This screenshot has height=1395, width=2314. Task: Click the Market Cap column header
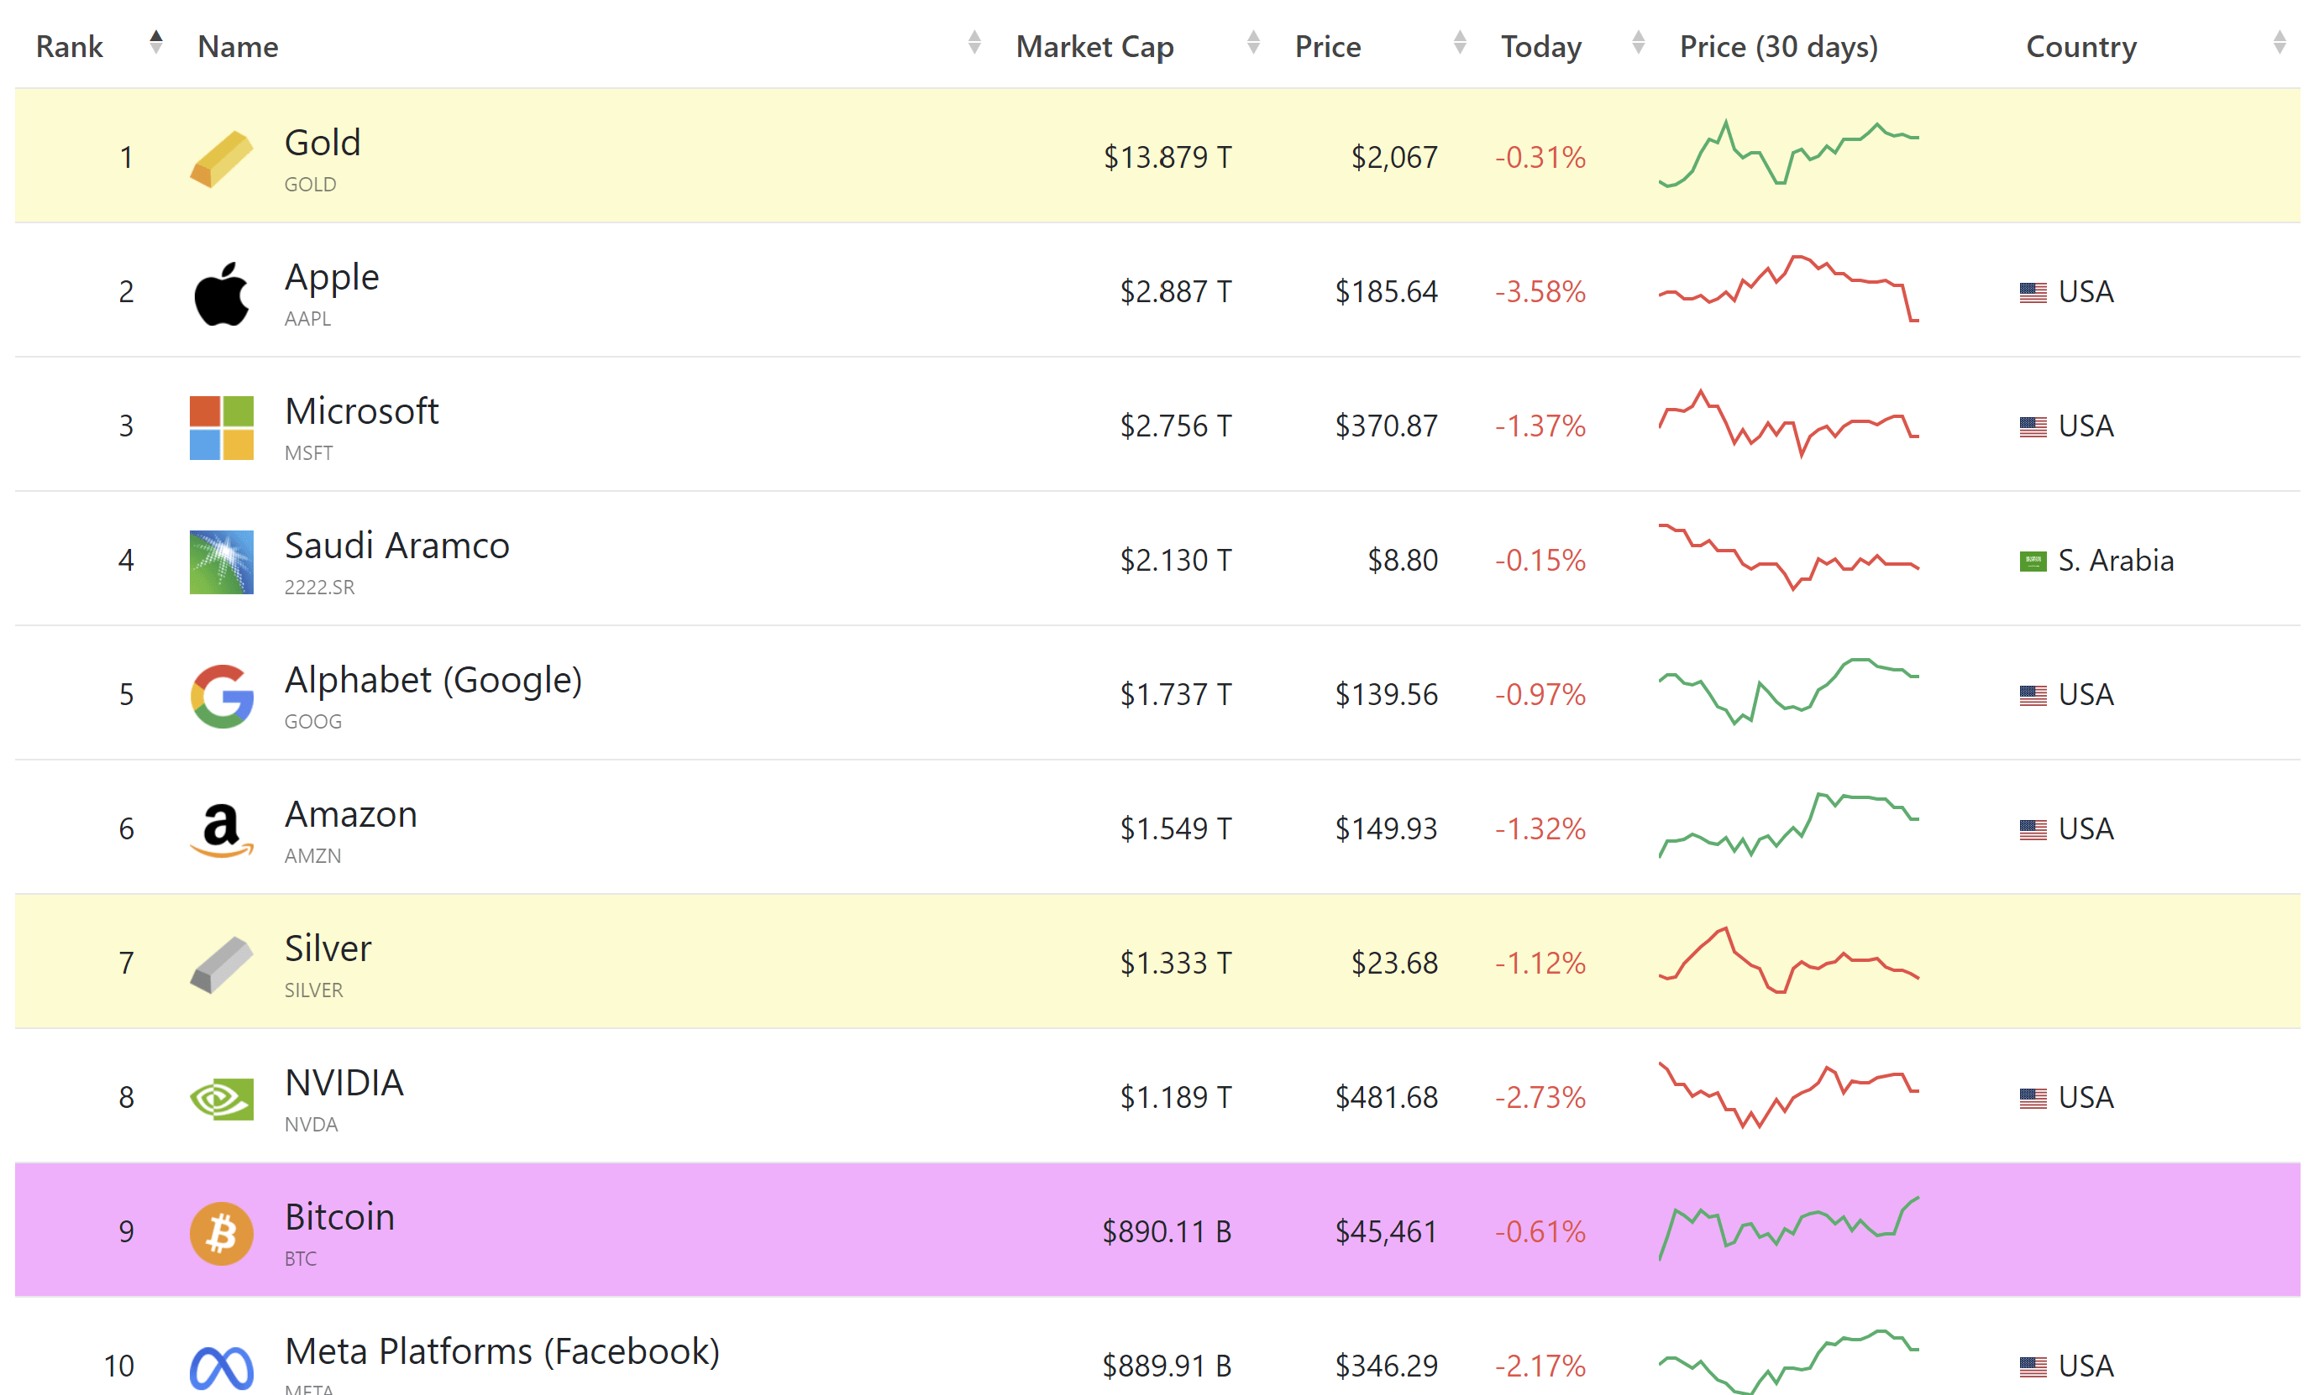(x=1094, y=46)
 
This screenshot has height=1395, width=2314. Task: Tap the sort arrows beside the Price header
(x=1460, y=42)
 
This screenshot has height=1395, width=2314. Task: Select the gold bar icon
(x=222, y=159)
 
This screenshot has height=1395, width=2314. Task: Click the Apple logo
(x=222, y=294)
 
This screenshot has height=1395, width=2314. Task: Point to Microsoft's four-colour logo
(x=222, y=427)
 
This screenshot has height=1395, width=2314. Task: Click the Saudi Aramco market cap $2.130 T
(x=1175, y=561)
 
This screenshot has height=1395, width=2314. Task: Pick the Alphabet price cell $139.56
(x=1386, y=695)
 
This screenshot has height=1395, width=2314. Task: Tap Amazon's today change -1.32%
(x=1540, y=829)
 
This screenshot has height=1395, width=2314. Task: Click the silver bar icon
(x=222, y=964)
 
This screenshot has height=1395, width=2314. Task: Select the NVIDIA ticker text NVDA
(x=311, y=1124)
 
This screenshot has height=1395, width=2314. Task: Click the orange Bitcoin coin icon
(x=222, y=1233)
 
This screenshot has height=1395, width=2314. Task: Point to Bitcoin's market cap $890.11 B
(x=1167, y=1231)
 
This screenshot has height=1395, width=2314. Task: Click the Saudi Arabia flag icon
(x=2033, y=562)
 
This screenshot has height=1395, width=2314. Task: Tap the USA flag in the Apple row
(x=2033, y=293)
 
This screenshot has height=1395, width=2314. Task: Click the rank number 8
(x=126, y=1097)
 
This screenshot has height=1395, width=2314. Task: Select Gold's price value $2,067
(x=1394, y=158)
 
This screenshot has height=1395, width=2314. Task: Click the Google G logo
(x=222, y=697)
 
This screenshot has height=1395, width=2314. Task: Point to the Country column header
(x=2081, y=46)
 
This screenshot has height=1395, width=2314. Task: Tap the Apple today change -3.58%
(x=1540, y=292)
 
